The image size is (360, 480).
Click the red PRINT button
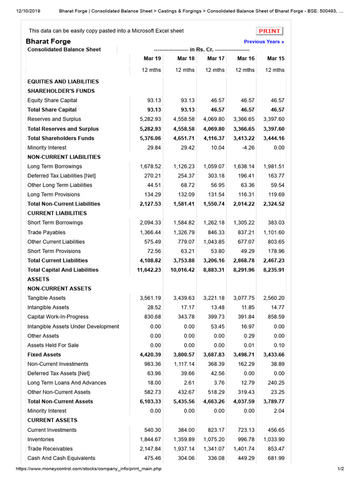[270, 31]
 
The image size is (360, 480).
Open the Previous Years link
[264, 42]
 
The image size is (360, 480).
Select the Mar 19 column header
[152, 59]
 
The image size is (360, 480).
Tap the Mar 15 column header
[275, 59]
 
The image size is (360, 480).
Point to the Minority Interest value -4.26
[247, 148]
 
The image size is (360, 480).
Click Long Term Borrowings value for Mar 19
[150, 166]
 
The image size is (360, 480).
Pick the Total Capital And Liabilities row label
[63, 270]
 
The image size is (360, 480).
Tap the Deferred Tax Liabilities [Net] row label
[61, 176]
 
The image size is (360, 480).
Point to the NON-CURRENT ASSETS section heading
[59, 289]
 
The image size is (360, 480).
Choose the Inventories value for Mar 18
[184, 439]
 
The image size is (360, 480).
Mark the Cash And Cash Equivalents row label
[61, 458]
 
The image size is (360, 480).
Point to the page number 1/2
[340, 469]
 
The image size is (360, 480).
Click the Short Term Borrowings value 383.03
[276, 223]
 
